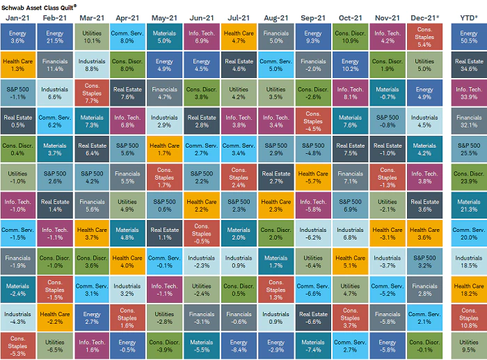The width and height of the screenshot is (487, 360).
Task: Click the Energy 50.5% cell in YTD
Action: click(469, 37)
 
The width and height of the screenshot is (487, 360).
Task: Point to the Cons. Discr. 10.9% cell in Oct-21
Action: click(350, 37)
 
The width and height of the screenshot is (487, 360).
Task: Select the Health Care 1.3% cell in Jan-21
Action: click(17, 65)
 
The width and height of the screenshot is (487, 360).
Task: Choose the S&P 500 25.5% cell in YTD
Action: click(469, 148)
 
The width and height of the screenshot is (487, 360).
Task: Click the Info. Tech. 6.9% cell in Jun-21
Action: click(202, 37)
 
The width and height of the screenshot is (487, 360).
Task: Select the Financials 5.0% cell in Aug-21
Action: click(276, 37)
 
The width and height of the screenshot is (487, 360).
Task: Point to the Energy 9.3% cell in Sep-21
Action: click(313, 37)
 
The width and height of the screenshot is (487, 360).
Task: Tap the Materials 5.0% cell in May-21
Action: click(165, 37)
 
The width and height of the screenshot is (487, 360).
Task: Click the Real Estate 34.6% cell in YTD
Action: click(469, 65)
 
